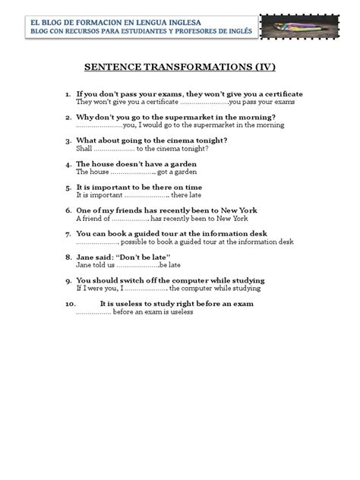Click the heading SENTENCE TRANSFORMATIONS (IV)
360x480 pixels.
point(179,66)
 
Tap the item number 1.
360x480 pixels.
point(67,93)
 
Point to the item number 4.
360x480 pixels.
point(68,163)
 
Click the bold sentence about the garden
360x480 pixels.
point(137,163)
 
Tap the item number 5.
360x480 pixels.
point(68,186)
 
